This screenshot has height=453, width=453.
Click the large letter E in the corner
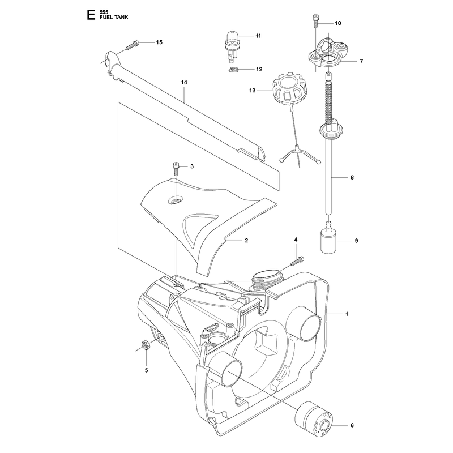(91, 15)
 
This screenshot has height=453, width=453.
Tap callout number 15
(159, 42)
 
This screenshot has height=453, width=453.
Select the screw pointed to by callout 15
(133, 45)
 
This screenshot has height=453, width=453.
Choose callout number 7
(361, 61)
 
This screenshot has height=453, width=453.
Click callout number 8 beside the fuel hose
(352, 177)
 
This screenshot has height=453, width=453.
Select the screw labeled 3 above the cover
(176, 169)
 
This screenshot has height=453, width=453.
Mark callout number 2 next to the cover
(246, 240)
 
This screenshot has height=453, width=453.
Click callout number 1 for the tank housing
(347, 314)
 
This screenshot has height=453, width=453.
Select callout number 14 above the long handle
(184, 82)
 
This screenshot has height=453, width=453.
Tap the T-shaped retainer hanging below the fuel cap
(299, 153)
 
